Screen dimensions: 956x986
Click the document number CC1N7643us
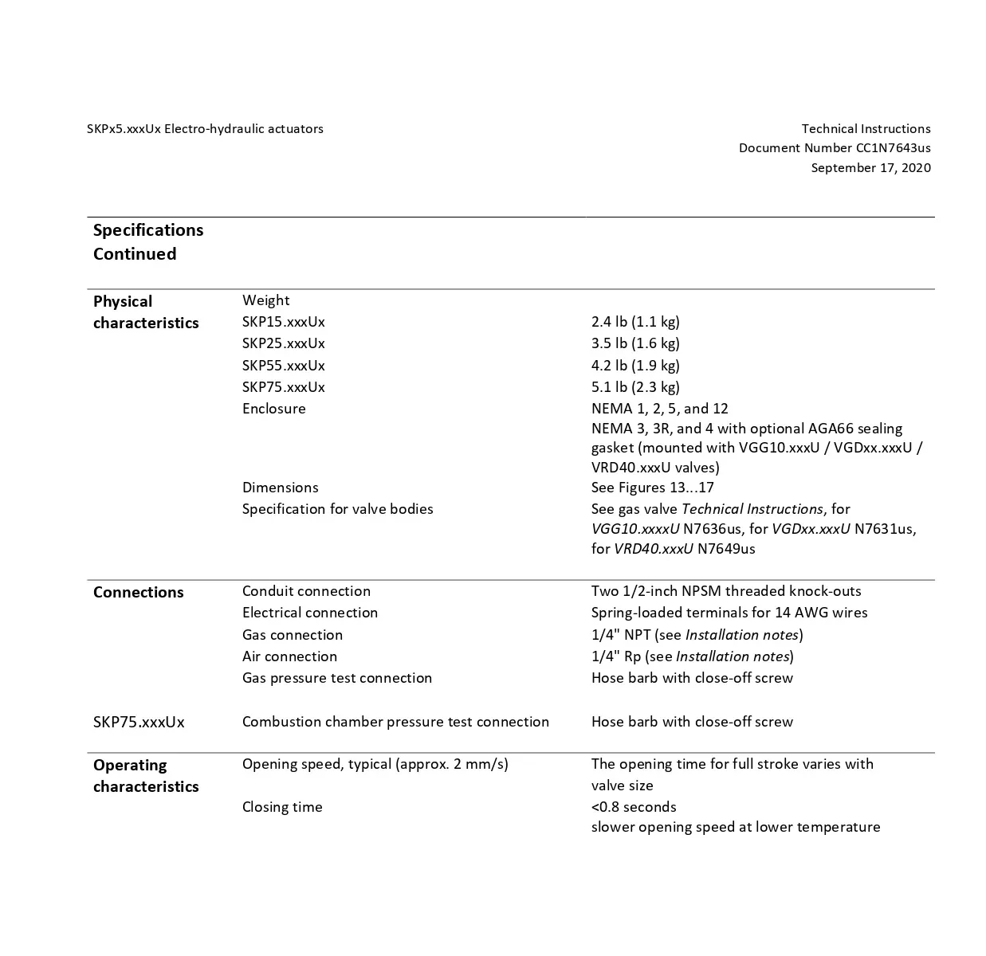coord(893,148)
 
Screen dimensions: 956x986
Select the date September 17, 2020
coord(870,168)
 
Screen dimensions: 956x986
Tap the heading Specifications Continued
coord(148,242)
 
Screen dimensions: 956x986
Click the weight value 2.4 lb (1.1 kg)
coord(635,322)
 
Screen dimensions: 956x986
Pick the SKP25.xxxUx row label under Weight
coord(283,343)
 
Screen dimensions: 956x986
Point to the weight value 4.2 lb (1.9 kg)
coord(635,366)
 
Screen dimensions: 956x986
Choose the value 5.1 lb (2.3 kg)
coord(635,387)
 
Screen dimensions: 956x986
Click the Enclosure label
coord(273,409)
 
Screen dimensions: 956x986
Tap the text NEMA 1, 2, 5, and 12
coord(659,409)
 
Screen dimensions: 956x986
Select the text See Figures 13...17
coord(652,488)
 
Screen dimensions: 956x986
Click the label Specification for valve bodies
coord(337,509)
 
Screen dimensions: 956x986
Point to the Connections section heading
coord(138,593)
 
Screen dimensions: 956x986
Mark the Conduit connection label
coord(306,591)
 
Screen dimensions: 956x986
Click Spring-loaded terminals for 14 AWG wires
coord(729,613)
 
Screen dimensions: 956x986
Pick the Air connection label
coord(289,656)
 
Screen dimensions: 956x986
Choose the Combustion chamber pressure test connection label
coord(395,722)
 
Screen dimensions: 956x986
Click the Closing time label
coord(282,807)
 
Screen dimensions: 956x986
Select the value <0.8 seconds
coord(633,807)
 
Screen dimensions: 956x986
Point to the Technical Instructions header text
coord(866,129)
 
